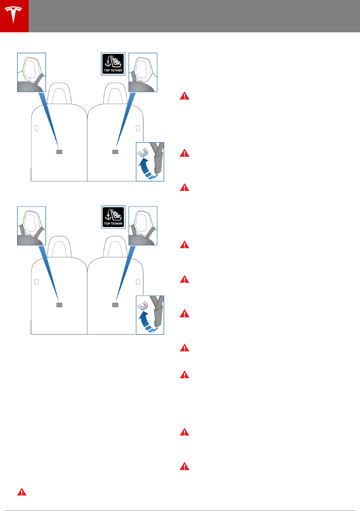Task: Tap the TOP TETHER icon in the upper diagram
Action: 113,64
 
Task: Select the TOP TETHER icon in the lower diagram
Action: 113,217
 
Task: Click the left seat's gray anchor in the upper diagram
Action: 59,152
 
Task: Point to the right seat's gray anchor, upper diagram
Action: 115,152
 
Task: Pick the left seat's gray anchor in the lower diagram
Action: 59,305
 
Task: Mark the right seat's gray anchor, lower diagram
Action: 115,305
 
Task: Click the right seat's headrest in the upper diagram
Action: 113,94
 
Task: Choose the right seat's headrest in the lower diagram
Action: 113,247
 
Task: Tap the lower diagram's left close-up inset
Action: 32,226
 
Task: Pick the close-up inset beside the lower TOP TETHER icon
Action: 143,226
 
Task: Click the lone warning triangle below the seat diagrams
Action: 21,492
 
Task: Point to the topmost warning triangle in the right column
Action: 185,96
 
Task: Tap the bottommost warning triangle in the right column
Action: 185,466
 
